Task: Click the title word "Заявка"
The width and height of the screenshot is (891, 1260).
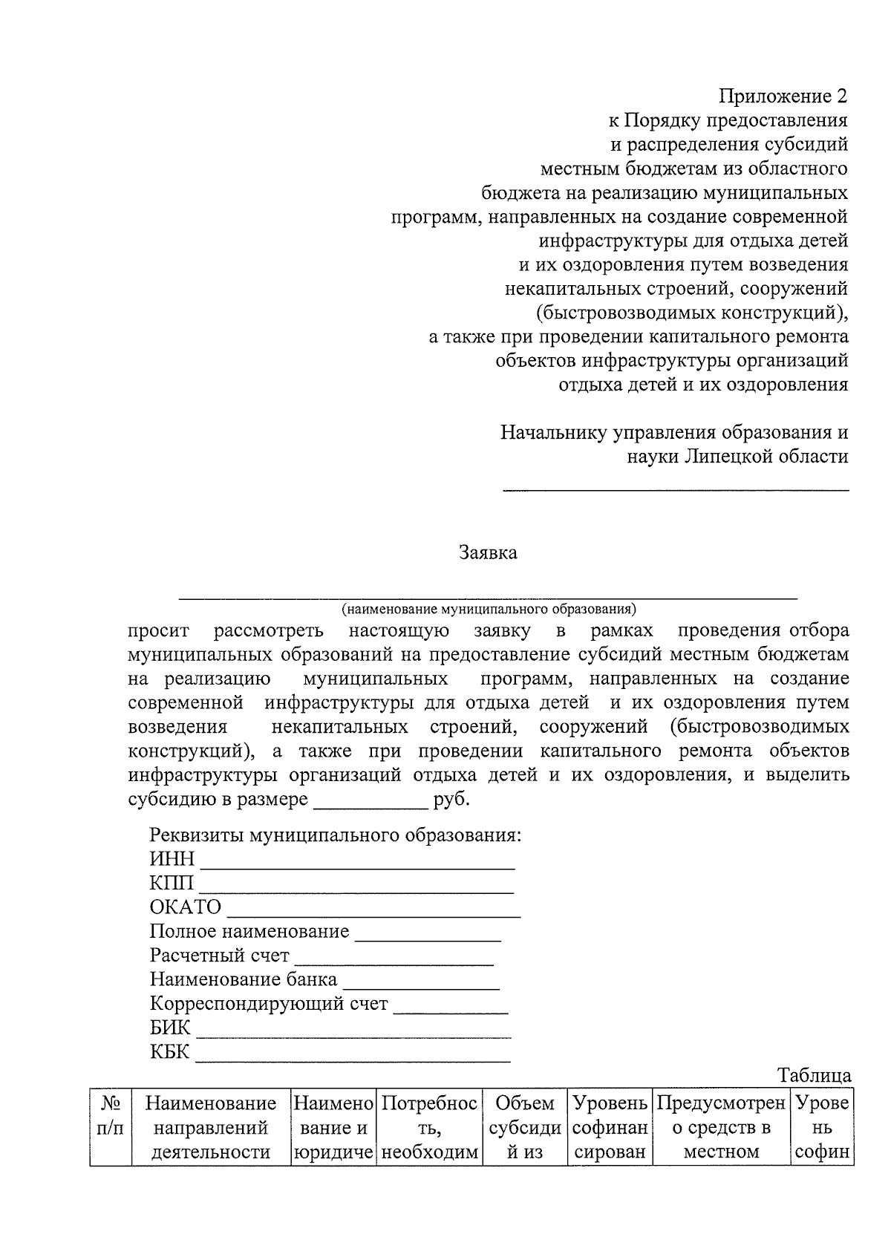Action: pos(488,552)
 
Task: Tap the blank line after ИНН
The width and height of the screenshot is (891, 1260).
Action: pos(358,866)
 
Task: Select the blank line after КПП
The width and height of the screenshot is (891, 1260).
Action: pos(356,890)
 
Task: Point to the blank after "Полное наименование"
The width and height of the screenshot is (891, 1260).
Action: pos(428,939)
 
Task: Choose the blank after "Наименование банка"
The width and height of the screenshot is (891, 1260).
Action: pos(420,987)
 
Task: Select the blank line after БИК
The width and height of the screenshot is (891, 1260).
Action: pos(353,1035)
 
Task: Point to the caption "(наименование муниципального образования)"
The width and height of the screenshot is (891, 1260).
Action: pos(489,610)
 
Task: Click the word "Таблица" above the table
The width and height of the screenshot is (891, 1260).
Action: pos(814,1075)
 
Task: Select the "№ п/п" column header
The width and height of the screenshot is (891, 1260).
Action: pos(111,1127)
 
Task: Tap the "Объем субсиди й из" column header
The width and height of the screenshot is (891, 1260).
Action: pos(525,1127)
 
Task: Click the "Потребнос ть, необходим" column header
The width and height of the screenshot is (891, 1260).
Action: pos(430,1127)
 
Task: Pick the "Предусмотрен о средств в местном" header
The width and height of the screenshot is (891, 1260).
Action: pos(721,1127)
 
